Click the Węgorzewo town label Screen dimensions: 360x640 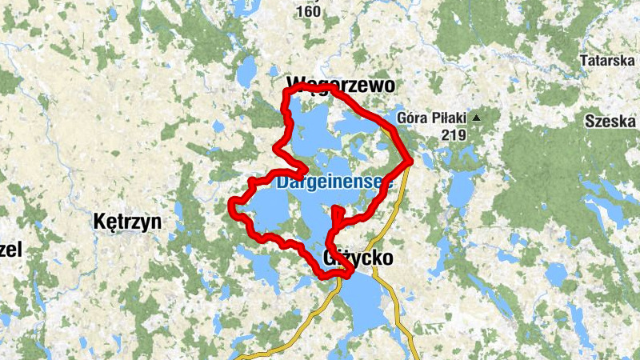330,84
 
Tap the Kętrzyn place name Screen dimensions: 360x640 127,222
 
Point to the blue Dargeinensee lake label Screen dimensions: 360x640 334,182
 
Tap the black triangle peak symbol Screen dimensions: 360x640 477,118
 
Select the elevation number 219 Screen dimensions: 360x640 452,135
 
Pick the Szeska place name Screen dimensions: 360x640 610,122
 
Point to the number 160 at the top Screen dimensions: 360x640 308,11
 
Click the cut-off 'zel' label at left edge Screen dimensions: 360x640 10,250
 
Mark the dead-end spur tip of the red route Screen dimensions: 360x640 337,210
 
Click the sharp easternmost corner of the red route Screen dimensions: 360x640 409,162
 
